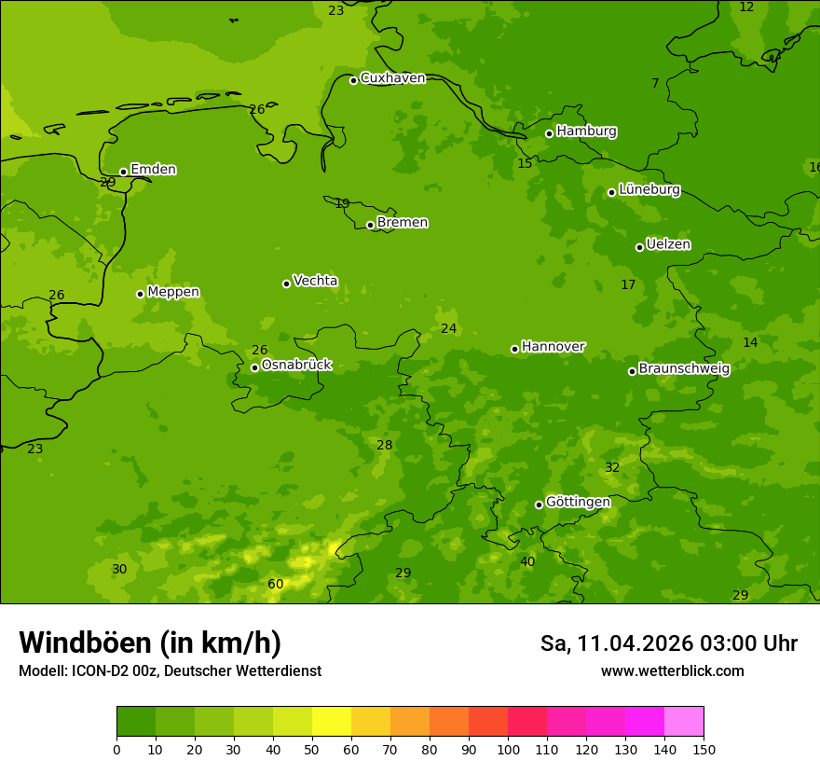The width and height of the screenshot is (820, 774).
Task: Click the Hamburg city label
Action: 586,131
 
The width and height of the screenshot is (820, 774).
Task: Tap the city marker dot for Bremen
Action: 370,225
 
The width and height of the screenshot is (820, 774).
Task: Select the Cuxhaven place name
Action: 392,78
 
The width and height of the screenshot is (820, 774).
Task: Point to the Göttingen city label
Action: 578,503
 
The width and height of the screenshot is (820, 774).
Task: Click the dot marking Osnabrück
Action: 254,367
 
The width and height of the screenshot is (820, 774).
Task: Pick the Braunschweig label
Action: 684,369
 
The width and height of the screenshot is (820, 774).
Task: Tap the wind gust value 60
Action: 276,585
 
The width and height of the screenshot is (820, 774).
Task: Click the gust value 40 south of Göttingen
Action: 527,562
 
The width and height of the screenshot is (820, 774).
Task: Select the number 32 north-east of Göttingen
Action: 612,468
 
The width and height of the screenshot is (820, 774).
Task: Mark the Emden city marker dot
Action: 123,172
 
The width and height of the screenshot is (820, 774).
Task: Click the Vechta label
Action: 315,281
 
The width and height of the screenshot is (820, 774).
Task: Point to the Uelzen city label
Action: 668,245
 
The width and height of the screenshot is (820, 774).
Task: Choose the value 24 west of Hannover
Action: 449,329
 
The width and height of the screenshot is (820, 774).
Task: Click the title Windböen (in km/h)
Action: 150,643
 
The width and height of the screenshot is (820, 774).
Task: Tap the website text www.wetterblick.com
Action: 672,671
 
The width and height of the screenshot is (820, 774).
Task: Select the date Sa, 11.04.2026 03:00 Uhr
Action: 668,643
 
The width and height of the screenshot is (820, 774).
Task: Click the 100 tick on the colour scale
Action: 508,749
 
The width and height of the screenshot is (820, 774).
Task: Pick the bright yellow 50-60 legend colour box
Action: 332,722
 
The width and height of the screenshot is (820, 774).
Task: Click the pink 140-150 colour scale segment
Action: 684,722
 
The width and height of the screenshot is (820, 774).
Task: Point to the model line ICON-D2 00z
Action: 170,671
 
